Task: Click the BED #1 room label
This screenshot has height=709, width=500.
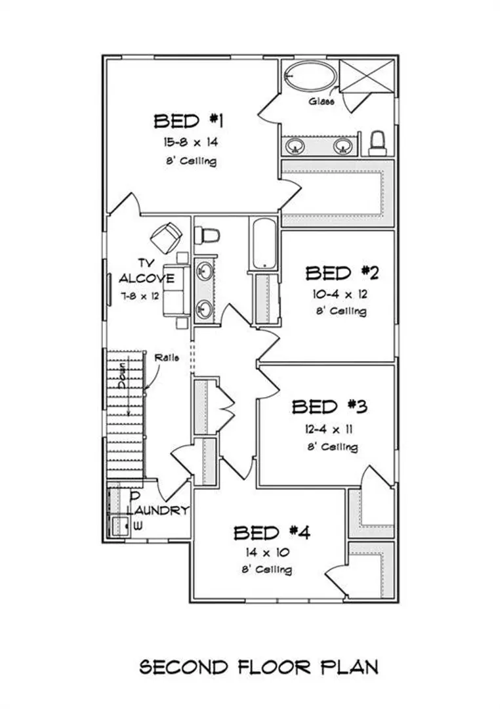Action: click(188, 121)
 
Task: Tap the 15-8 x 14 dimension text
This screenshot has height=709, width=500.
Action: click(190, 142)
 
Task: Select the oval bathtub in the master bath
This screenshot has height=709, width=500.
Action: click(310, 76)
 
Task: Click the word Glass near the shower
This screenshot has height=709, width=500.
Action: click(322, 102)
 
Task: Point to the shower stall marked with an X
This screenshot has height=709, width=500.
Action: click(367, 75)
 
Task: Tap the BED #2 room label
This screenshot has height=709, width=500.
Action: click(343, 273)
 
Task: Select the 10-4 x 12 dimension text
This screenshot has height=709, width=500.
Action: click(340, 294)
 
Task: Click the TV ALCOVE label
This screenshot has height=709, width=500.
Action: click(146, 271)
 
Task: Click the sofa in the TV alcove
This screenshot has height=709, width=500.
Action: click(177, 290)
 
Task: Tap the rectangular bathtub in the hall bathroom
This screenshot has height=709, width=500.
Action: click(264, 244)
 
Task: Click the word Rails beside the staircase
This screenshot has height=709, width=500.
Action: click(167, 358)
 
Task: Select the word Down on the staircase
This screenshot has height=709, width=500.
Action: click(123, 376)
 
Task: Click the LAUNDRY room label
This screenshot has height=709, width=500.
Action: click(157, 511)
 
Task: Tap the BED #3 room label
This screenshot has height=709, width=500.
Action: click(329, 407)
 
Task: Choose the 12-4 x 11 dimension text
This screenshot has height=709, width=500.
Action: click(329, 429)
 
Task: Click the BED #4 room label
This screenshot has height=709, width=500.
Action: click(272, 533)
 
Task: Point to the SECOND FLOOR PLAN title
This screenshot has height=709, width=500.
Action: click(259, 667)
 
